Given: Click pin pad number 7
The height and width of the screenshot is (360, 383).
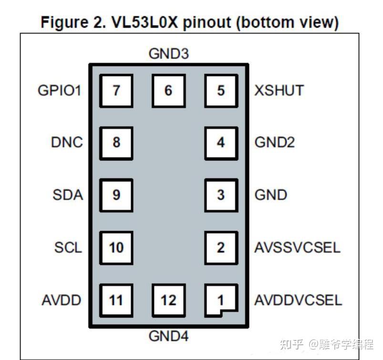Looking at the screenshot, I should pyautogui.click(x=116, y=90).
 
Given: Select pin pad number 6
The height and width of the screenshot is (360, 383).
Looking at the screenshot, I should pyautogui.click(x=168, y=90).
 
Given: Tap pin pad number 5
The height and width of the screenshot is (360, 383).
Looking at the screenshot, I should pyautogui.click(x=220, y=90).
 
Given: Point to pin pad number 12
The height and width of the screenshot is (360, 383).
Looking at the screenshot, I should pyautogui.click(x=168, y=300).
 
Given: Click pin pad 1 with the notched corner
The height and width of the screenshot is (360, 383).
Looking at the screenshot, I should pyautogui.click(x=220, y=300).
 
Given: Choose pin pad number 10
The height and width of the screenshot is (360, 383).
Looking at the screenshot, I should pyautogui.click(x=116, y=247).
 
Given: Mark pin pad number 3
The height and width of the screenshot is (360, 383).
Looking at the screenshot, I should pyautogui.click(x=220, y=195).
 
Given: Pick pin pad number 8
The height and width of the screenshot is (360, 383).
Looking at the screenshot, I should pyautogui.click(x=116, y=142).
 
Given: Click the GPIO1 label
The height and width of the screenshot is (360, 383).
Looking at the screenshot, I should pyautogui.click(x=60, y=90).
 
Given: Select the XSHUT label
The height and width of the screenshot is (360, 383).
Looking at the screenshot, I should pyautogui.click(x=279, y=90).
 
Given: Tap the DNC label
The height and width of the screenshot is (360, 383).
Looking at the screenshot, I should pyautogui.click(x=67, y=142).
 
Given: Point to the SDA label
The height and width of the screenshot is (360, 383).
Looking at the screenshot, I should pyautogui.click(x=68, y=195).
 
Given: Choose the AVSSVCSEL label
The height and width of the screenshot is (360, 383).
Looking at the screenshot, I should pyautogui.click(x=297, y=247).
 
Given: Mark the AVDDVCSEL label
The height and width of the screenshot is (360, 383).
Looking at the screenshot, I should pyautogui.click(x=298, y=300).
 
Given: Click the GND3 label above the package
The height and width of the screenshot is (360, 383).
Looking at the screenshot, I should pyautogui.click(x=168, y=54).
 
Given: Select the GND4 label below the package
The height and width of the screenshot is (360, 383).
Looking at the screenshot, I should pyautogui.click(x=168, y=336).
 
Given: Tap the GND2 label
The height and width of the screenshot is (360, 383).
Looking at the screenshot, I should pyautogui.click(x=275, y=142).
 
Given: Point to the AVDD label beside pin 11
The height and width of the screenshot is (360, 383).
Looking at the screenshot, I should pyautogui.click(x=61, y=300).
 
